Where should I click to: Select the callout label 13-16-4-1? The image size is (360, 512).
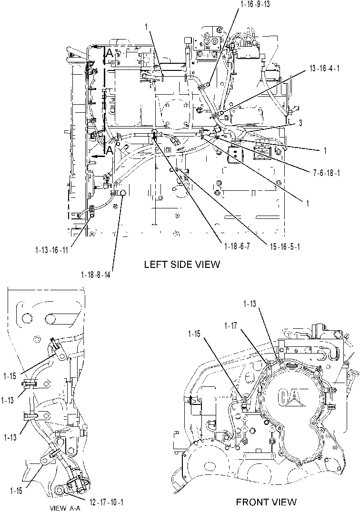[x=324, y=69]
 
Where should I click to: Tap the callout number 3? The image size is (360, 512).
[x=300, y=123]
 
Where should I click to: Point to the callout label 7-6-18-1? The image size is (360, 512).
[x=326, y=173]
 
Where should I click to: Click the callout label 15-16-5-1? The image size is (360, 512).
[x=285, y=246]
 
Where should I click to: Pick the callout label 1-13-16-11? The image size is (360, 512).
[x=51, y=250]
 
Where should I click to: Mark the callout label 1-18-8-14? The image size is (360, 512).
[x=95, y=275]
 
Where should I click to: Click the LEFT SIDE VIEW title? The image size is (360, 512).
[x=182, y=264]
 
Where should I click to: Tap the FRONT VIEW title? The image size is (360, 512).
[x=266, y=502]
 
